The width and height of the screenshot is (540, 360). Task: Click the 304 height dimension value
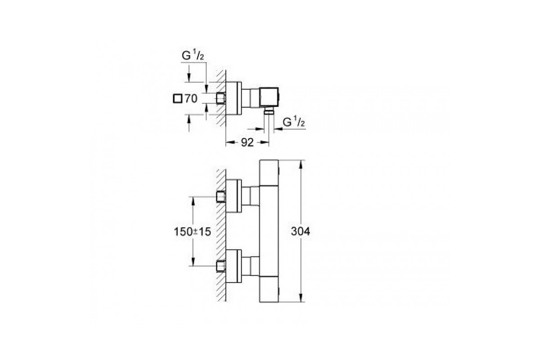pyautogui.click(x=301, y=231)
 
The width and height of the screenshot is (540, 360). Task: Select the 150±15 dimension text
pyautogui.click(x=193, y=232)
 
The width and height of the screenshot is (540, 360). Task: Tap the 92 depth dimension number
pyautogui.click(x=247, y=143)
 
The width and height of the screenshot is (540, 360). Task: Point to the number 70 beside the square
pyautogui.click(x=191, y=99)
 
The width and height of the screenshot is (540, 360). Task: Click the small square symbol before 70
pyautogui.click(x=177, y=99)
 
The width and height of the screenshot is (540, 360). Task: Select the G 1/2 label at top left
pyautogui.click(x=193, y=56)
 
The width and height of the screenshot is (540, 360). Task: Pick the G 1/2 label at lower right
pyautogui.click(x=293, y=122)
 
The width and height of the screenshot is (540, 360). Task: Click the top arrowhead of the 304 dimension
pyautogui.click(x=301, y=164)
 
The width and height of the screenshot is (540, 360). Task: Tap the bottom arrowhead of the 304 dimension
pyautogui.click(x=301, y=297)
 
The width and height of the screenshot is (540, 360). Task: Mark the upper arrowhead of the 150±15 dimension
pyautogui.click(x=193, y=202)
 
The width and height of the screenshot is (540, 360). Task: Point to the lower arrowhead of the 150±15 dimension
pyautogui.click(x=193, y=261)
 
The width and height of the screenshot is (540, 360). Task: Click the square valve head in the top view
pyautogui.click(x=269, y=97)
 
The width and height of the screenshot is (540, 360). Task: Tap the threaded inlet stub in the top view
pyautogui.click(x=220, y=99)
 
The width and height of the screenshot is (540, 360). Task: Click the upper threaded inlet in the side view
pyautogui.click(x=220, y=197)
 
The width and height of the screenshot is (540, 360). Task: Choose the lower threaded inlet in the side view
pyautogui.click(x=220, y=266)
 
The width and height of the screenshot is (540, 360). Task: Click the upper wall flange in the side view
pyautogui.click(x=234, y=196)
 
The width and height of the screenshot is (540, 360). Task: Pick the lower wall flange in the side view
pyautogui.click(x=234, y=266)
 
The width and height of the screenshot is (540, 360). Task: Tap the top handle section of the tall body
pyautogui.click(x=269, y=173)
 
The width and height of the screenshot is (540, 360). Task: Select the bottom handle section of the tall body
pyautogui.click(x=269, y=289)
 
